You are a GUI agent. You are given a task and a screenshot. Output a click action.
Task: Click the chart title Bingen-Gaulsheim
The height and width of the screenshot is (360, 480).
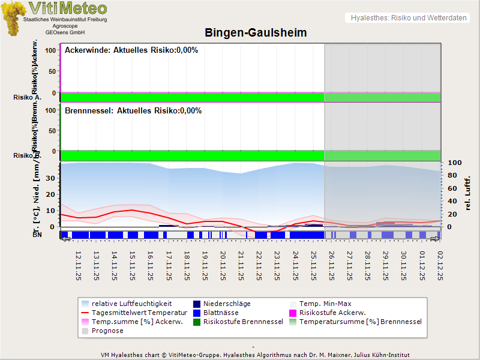(256, 33)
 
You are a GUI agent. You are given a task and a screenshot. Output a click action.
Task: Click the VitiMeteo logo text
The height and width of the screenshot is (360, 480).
(67, 8)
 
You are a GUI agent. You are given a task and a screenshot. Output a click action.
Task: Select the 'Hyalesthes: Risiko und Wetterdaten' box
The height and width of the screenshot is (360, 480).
(408, 18)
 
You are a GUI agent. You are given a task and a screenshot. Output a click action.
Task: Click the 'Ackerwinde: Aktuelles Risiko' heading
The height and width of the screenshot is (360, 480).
(131, 50)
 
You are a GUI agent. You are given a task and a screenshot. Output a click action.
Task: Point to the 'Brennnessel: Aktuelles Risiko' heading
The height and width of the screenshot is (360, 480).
(133, 111)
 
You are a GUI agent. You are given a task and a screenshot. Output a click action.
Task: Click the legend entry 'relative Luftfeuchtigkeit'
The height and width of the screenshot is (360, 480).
(131, 304)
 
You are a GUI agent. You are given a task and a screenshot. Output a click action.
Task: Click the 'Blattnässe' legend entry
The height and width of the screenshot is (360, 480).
(221, 313)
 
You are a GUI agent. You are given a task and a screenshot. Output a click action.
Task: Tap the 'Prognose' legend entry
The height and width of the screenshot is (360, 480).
(107, 331)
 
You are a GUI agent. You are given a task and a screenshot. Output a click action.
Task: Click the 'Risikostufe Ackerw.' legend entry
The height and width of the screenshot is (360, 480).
(333, 313)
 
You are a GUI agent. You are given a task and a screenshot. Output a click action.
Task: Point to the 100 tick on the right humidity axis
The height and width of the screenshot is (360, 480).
(454, 163)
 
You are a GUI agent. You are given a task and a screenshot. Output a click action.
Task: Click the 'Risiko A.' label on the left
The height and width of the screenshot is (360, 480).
(27, 97)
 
